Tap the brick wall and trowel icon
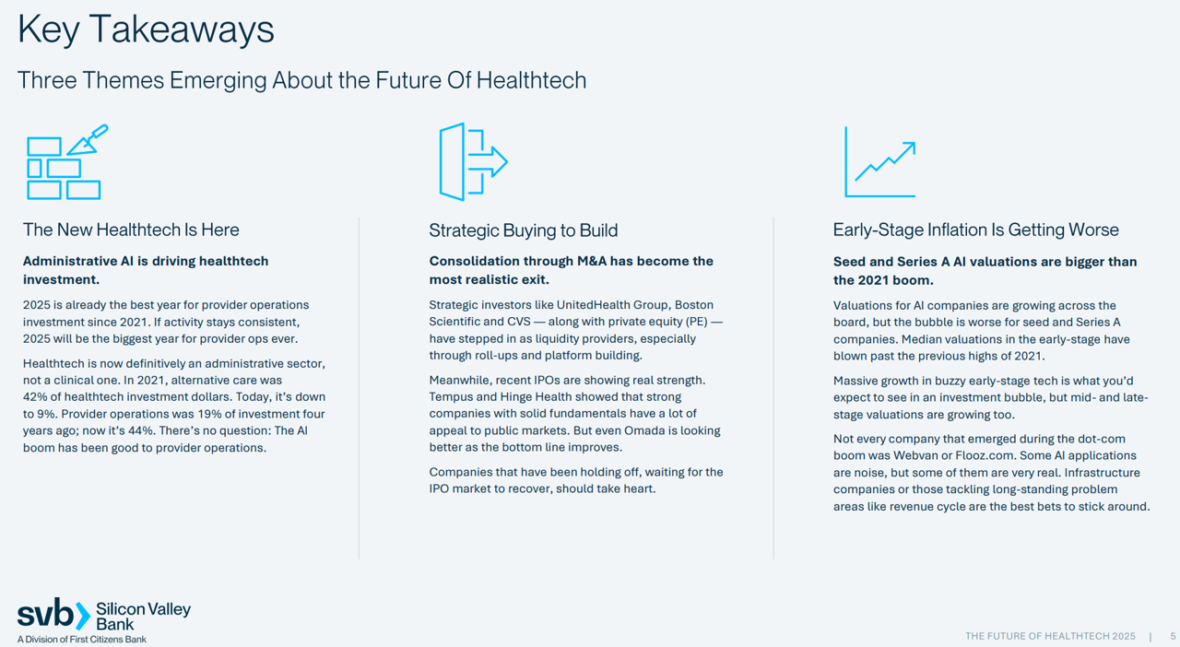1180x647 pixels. click(x=67, y=162)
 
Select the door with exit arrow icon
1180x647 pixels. click(x=473, y=162)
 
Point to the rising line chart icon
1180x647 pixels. click(x=880, y=162)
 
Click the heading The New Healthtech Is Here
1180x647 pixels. click(x=131, y=229)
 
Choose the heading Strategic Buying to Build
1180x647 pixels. click(x=523, y=230)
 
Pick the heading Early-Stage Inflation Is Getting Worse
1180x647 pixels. click(x=975, y=229)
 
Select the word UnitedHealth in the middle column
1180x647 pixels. click(x=591, y=304)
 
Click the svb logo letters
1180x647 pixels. click(x=46, y=613)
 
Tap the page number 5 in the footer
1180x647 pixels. click(x=1173, y=636)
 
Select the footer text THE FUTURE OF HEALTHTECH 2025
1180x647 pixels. click(x=1050, y=636)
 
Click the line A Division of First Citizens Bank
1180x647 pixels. click(x=82, y=639)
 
